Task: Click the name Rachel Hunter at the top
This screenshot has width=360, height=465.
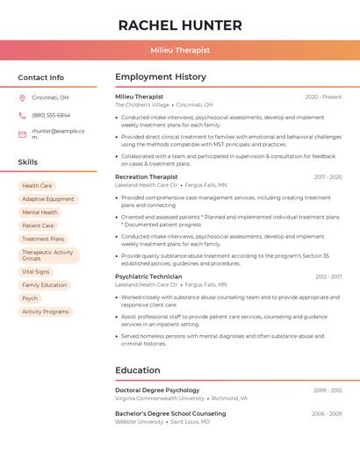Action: coord(180,25)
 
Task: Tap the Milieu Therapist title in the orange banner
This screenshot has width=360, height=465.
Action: coord(180,50)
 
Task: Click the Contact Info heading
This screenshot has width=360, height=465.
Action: coord(40,77)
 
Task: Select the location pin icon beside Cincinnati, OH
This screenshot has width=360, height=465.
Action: coord(22,97)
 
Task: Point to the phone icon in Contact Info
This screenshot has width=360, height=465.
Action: coord(22,115)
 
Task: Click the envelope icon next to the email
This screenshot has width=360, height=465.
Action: coord(22,134)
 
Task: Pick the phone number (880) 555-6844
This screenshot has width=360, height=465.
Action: coord(51,115)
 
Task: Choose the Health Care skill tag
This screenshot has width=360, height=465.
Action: coord(37,186)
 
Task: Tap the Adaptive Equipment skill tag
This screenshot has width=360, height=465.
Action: coord(48,199)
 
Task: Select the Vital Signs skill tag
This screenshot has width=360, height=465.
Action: coord(36,272)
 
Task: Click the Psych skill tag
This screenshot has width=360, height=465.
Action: coord(30,298)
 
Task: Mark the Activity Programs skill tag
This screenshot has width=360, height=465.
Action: coord(45,311)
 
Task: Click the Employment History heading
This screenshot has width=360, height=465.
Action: coord(161,77)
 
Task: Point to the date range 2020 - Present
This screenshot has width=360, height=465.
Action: coord(323,97)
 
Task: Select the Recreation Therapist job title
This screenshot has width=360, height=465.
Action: coord(146,176)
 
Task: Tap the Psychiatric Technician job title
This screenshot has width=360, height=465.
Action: coord(148,276)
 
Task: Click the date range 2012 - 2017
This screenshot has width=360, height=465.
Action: coord(328,276)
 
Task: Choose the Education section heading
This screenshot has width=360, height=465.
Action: coord(137,370)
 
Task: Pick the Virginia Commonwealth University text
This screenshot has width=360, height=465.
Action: coord(159,398)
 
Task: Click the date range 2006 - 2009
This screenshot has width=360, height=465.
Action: coord(327,413)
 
